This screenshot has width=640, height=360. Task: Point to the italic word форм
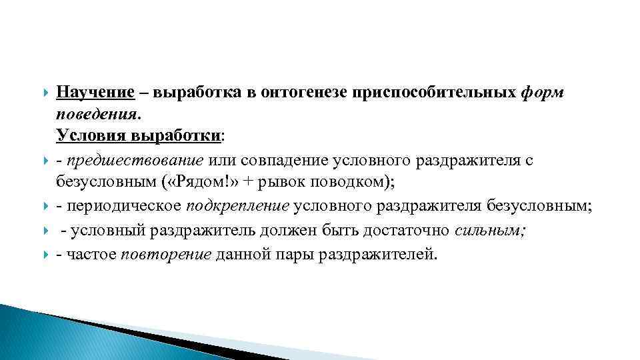tap(543, 93)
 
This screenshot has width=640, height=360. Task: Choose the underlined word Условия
tap(91, 136)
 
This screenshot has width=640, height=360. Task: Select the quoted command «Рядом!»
tap(200, 183)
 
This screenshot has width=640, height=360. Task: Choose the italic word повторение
tap(167, 255)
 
